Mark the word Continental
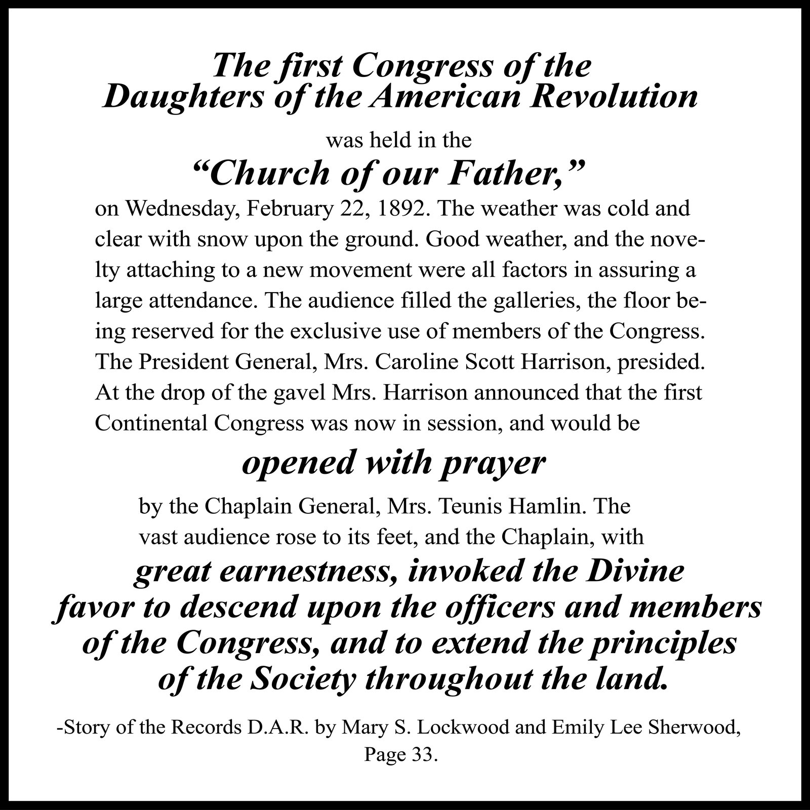click(x=151, y=423)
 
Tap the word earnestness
click(x=309, y=573)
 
